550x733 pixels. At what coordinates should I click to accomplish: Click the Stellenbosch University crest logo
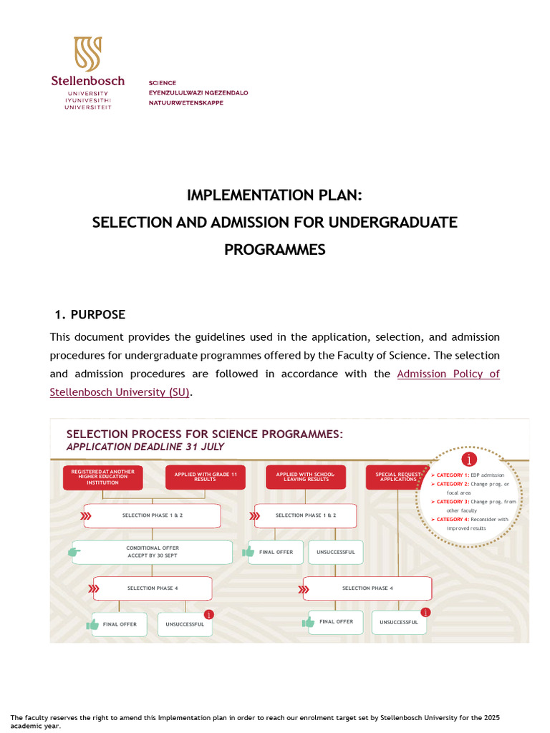[x=87, y=54]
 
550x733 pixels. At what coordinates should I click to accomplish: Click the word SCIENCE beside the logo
[x=163, y=83]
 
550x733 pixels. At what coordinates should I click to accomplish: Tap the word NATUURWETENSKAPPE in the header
[x=185, y=103]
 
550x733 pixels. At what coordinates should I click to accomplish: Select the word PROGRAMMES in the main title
[x=275, y=250]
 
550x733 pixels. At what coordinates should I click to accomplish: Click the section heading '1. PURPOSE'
[x=90, y=315]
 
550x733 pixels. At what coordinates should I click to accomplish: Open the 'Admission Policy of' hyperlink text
[x=448, y=374]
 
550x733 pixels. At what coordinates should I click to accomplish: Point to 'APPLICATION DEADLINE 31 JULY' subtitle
[x=145, y=447]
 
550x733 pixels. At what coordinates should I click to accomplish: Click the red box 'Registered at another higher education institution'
[x=103, y=477]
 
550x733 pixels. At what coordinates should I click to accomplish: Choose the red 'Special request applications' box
[x=397, y=477]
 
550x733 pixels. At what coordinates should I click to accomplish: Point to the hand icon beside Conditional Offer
[x=74, y=552]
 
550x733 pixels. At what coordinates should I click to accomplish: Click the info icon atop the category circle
[x=470, y=460]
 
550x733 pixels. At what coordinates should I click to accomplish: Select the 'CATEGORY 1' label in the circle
[x=453, y=475]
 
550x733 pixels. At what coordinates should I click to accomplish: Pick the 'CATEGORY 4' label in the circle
[x=453, y=519]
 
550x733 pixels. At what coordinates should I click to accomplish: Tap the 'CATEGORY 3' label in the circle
[x=453, y=502]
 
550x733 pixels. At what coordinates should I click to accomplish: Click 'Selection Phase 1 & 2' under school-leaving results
[x=306, y=515]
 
